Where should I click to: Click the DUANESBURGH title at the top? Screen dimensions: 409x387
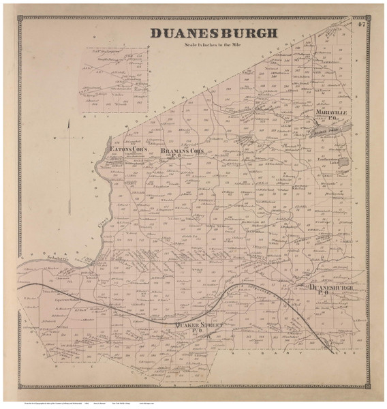click(213, 33)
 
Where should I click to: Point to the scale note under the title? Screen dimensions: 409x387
click(213, 44)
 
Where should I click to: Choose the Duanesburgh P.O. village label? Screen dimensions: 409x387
click(332, 290)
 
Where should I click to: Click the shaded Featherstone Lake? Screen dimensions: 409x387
click(344, 162)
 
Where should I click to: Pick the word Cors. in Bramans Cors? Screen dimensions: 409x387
click(196, 149)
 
